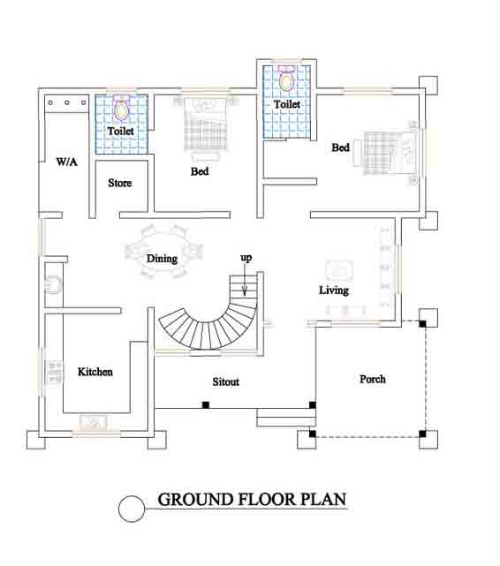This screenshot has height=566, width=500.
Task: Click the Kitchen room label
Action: pos(95,372)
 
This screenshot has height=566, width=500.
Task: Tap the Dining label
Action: pos(162,259)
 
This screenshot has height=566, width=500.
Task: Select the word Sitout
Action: pos(225,382)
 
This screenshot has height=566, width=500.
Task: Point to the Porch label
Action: pos(373,379)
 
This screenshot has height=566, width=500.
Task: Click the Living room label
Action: pos(334,291)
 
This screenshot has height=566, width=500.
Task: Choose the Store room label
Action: pos(120,183)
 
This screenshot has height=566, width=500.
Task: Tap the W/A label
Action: pos(67,162)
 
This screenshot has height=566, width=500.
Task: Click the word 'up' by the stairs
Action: pos(246,258)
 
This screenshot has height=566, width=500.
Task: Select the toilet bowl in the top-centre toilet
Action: pos(286,79)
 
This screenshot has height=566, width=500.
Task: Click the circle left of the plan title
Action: pos(132,509)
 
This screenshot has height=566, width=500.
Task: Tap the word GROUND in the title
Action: pos(195,500)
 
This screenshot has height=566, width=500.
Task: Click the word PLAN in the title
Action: pos(323,500)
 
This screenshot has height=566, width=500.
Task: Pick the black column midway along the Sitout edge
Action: pos(206,405)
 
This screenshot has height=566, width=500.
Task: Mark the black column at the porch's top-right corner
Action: pos(422,324)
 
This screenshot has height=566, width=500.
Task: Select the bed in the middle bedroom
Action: pos(206,127)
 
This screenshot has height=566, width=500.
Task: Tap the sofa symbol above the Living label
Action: pos(339,270)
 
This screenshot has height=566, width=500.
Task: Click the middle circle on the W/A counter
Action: pos(67,103)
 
